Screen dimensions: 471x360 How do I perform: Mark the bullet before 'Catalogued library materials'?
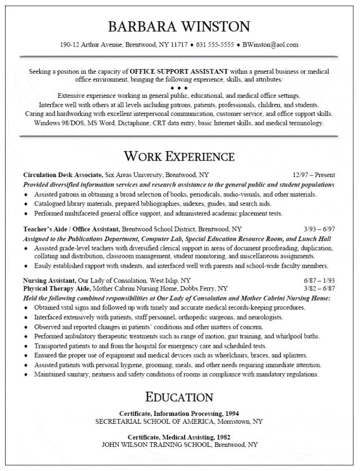[x=26, y=204]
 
